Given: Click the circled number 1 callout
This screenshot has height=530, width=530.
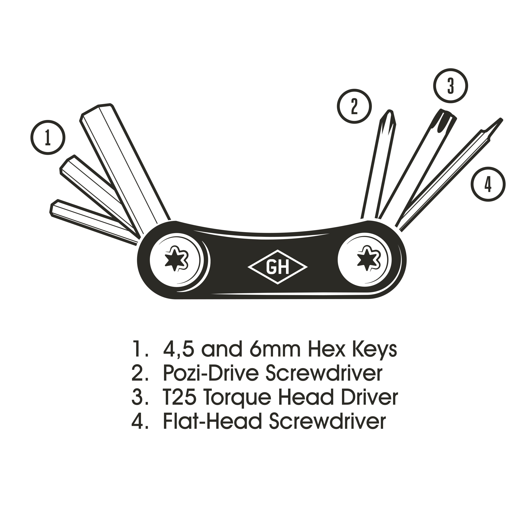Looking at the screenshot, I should point(48,137).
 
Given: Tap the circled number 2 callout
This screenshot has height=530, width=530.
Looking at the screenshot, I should point(354,106).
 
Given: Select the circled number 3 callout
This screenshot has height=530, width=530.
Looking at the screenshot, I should point(450,86).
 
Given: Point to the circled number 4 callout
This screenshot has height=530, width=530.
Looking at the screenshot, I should point(488,184).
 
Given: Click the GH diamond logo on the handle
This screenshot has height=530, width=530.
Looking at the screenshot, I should point(278,267).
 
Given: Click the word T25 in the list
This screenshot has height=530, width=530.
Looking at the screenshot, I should point(179,397).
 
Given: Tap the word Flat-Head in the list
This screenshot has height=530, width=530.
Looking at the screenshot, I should point(213,422).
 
